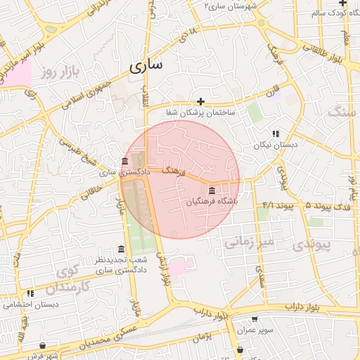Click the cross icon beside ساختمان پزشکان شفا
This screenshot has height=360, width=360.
[x=201, y=102]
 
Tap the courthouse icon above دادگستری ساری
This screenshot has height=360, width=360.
[x=124, y=161]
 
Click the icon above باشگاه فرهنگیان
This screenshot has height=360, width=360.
[x=212, y=191]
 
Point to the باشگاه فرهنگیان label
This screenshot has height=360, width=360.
[x=212, y=201]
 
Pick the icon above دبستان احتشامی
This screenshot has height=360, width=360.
[x=30, y=293]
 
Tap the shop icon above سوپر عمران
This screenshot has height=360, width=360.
[x=255, y=319]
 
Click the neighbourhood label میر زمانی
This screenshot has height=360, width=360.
[x=253, y=243]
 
